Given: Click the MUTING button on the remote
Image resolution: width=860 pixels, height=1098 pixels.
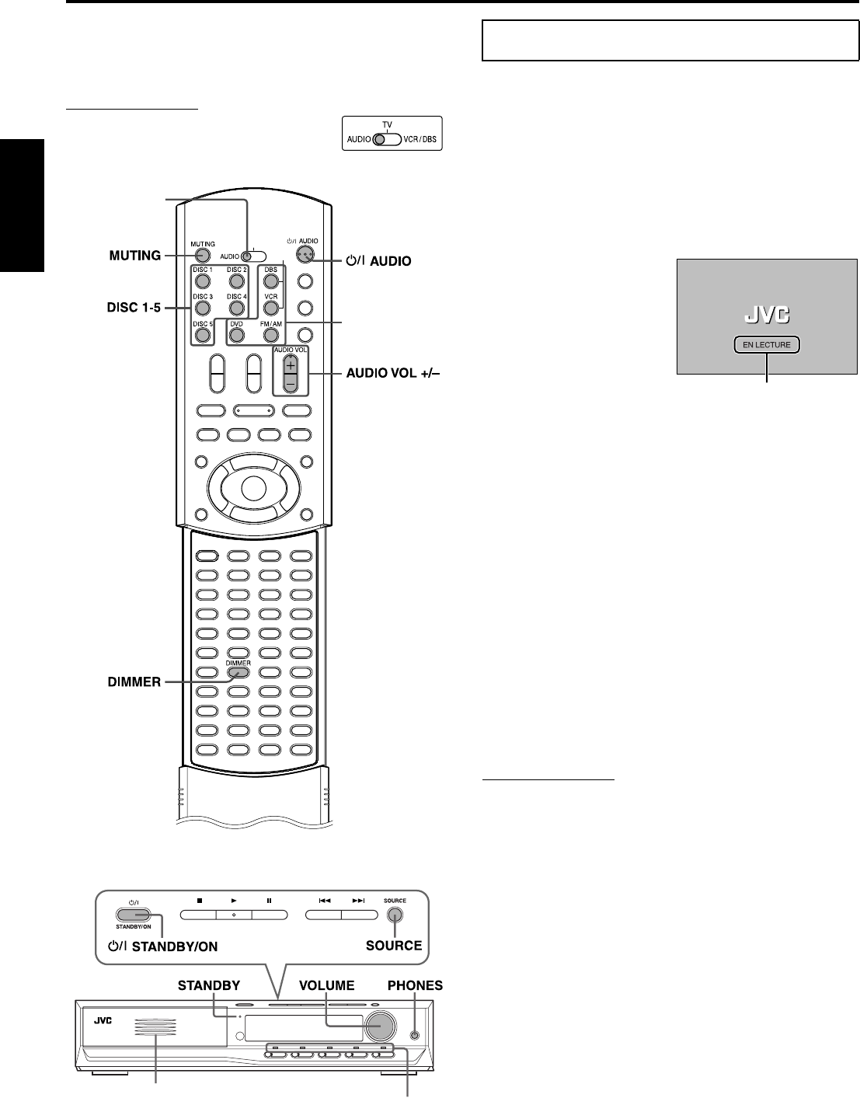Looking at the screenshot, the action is click(x=202, y=254).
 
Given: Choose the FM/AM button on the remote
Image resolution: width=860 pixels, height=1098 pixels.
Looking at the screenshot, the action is click(x=270, y=335).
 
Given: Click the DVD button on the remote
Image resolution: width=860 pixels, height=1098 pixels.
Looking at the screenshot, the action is click(x=236, y=335).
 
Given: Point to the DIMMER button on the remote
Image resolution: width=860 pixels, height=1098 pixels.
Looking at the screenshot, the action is click(x=239, y=672).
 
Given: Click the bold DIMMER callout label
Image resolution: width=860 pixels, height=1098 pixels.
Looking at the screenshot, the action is click(x=133, y=682).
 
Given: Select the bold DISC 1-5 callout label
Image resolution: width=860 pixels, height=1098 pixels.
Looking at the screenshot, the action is click(x=133, y=307).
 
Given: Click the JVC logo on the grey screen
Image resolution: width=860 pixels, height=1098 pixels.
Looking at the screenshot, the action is click(x=767, y=315).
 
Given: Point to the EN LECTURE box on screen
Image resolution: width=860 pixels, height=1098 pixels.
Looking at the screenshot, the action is click(x=767, y=345).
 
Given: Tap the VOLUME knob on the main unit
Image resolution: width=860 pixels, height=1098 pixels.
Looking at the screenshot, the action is click(x=380, y=1027).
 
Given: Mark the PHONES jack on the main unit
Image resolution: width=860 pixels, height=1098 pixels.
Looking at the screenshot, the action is click(x=414, y=1034).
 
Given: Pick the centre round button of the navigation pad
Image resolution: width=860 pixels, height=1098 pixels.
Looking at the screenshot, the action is click(x=252, y=487).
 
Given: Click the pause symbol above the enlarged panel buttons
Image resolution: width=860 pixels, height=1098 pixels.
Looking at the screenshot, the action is click(x=269, y=901).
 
